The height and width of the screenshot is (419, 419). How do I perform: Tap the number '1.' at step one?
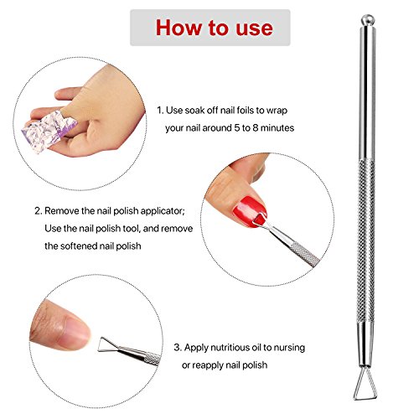click(160, 109)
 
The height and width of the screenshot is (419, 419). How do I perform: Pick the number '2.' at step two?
click(39, 211)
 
